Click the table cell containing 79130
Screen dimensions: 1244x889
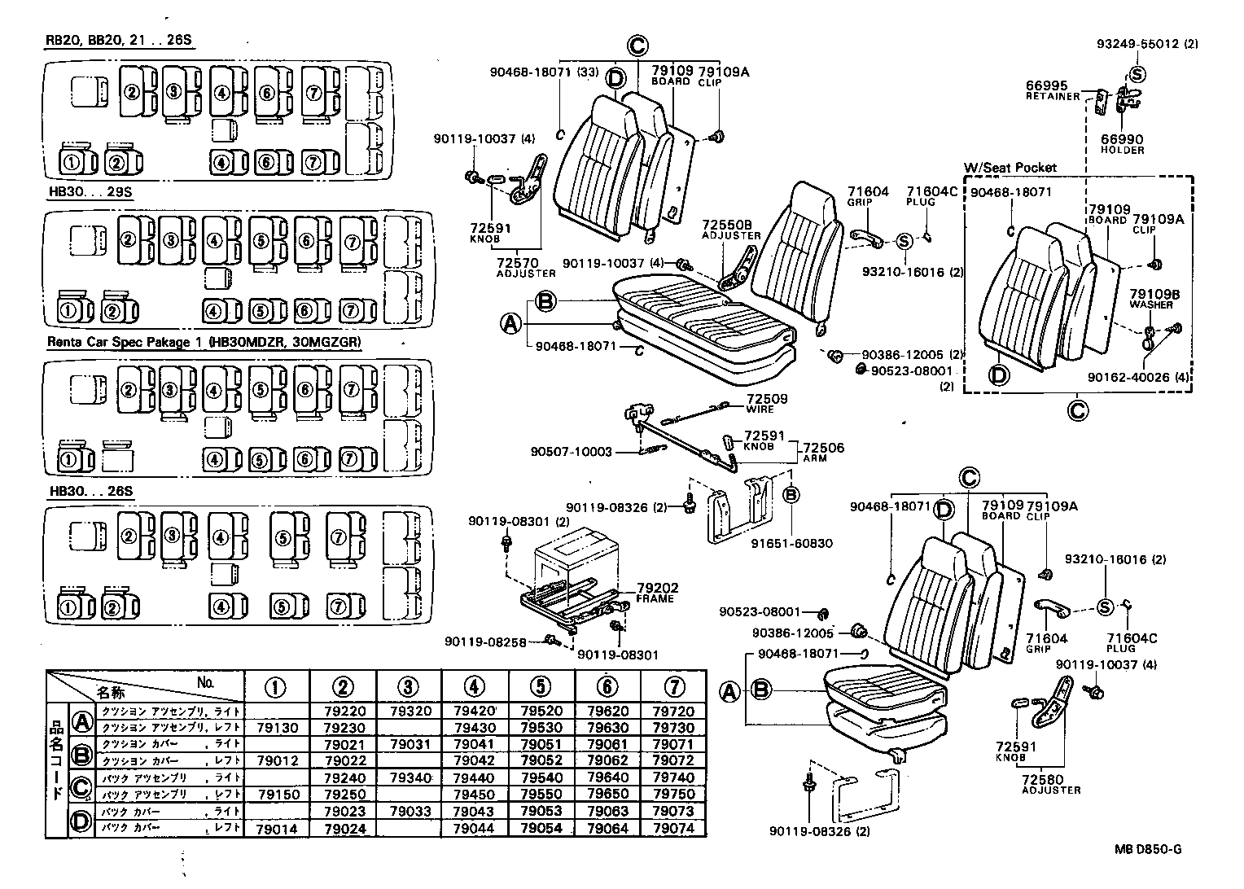point(277,728)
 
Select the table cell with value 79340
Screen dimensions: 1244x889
point(410,777)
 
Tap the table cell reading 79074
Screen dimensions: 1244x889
point(673,829)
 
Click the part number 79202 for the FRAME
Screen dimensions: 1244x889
point(657,588)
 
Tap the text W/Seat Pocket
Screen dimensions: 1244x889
point(1010,167)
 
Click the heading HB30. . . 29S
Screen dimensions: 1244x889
point(90,192)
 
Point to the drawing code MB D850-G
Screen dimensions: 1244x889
point(1148,849)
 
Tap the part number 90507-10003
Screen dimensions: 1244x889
point(571,452)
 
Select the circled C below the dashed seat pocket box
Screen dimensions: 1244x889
point(1077,409)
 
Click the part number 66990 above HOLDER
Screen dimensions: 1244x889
point(1122,140)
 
